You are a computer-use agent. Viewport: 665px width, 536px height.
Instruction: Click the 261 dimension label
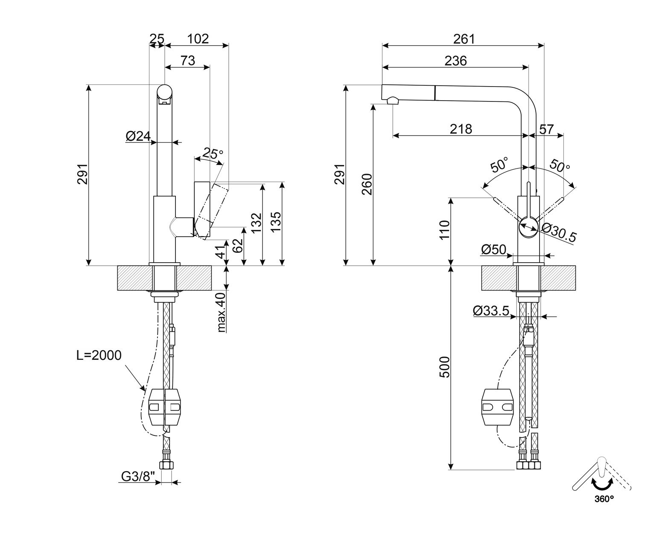[x=464, y=39]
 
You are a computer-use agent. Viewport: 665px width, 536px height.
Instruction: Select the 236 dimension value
[x=455, y=61]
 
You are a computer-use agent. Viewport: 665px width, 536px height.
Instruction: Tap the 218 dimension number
[x=461, y=129]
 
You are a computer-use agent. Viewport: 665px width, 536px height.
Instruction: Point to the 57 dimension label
[x=547, y=129]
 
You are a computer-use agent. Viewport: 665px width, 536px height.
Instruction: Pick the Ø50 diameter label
[x=493, y=249]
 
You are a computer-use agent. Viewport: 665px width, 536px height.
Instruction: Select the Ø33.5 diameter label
[x=491, y=311]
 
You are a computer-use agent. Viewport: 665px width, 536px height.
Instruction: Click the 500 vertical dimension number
[x=445, y=367]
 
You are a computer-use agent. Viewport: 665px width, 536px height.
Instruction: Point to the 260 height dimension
[x=367, y=184]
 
